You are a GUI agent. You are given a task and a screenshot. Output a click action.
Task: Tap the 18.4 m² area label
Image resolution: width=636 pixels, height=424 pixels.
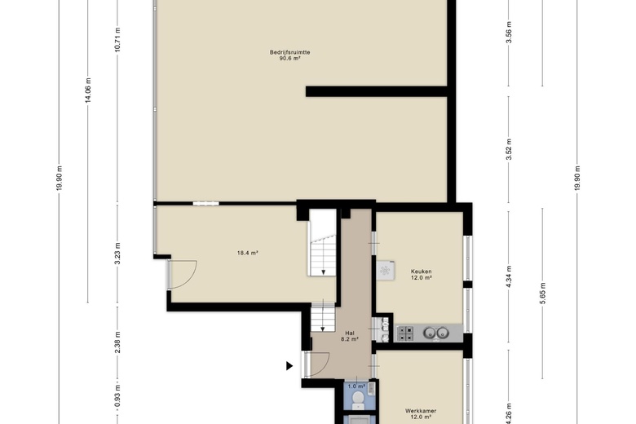point(248,253)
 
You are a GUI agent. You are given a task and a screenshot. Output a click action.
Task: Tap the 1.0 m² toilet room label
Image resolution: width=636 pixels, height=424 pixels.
point(356,386)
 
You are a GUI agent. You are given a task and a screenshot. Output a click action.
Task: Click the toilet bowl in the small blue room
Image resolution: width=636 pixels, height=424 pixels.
point(358,400)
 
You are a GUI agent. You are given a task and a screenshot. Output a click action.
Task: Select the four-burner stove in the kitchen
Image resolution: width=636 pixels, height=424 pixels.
point(405,333)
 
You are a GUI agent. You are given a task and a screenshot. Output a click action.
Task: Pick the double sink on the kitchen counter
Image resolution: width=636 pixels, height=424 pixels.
point(436,333)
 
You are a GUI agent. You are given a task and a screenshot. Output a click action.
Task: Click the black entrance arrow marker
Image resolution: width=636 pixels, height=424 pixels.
point(289,366)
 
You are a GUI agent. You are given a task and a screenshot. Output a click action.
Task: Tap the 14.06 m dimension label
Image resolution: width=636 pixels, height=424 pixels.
point(88,90)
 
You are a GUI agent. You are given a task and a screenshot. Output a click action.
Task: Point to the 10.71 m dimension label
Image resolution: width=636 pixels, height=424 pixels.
point(117,39)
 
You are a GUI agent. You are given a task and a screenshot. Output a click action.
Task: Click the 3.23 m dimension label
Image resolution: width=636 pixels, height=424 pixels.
point(117,254)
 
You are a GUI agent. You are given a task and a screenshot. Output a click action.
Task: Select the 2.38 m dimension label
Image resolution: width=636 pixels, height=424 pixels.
point(117,342)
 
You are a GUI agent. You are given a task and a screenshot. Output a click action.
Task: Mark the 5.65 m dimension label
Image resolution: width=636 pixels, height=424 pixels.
point(543,293)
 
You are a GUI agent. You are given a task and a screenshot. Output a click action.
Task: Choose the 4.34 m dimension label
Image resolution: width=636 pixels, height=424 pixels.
point(509,276)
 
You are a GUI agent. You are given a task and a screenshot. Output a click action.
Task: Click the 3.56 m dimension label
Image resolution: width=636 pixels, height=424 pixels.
point(509,32)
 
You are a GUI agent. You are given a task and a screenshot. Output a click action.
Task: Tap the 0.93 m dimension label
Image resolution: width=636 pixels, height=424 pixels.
point(117,396)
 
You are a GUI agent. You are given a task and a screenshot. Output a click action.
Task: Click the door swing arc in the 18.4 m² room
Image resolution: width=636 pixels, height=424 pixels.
point(191,279)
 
